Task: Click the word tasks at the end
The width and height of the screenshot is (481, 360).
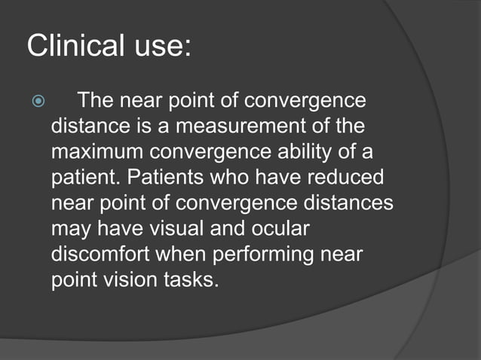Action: pos(191,279)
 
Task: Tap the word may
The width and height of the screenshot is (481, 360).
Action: pos(70,229)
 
